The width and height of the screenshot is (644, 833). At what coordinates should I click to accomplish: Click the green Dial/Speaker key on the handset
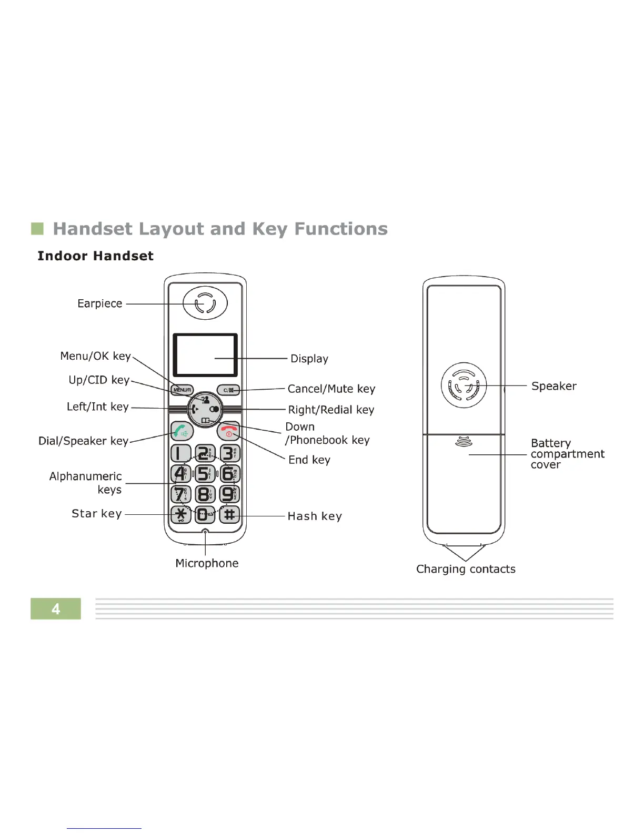(182, 431)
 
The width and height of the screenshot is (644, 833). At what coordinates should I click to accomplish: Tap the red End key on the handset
(228, 431)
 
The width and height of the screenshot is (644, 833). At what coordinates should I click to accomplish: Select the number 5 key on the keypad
(205, 473)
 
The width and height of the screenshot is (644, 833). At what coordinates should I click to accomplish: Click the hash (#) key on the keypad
(229, 514)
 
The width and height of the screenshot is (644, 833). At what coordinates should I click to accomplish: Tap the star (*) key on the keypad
(181, 514)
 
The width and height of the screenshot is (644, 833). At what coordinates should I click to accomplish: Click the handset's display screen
(205, 354)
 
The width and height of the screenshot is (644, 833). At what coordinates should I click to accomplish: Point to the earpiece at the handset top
(205, 303)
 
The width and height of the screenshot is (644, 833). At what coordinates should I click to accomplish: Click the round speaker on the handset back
(464, 385)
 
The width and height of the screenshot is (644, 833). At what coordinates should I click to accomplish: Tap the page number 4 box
(56, 608)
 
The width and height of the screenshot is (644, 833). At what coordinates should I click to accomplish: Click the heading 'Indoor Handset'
(95, 256)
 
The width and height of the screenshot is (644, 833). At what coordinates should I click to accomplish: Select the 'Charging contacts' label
(466, 569)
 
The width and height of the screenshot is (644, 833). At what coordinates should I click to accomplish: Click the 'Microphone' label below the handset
(207, 563)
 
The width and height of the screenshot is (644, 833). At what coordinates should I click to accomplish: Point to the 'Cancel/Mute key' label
(331, 389)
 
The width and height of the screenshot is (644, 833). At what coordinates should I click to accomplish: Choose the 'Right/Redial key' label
(331, 410)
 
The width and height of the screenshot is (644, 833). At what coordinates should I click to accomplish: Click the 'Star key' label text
(97, 514)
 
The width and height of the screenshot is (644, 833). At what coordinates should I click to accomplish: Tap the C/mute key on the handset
(228, 390)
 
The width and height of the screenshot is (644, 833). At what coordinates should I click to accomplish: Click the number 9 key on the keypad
(229, 494)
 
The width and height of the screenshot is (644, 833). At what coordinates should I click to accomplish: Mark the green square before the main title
(37, 229)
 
